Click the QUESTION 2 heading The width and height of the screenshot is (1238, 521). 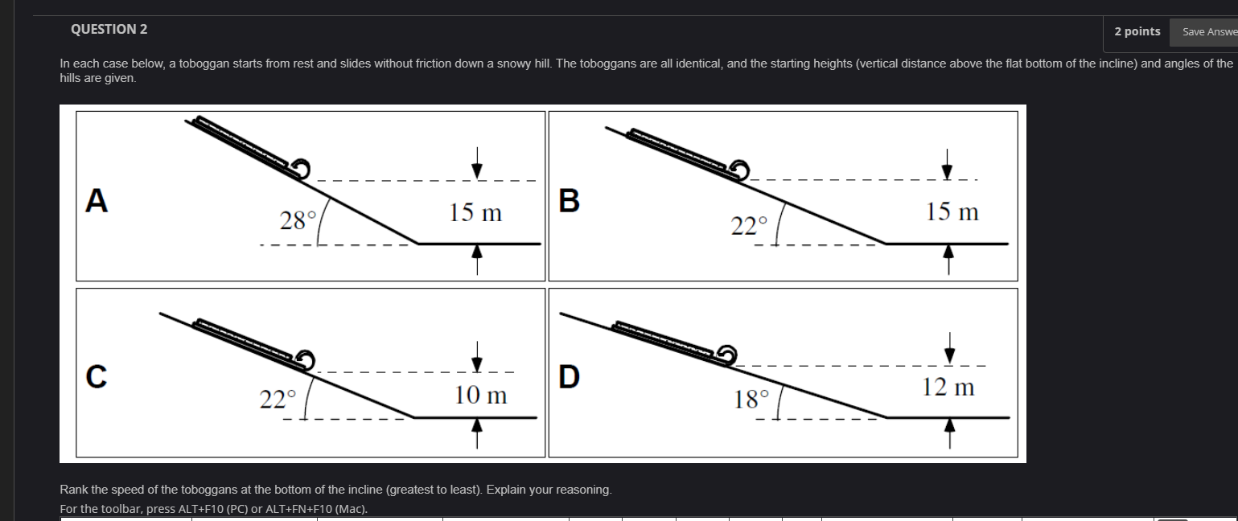click(x=109, y=29)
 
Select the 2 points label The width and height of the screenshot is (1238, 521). click(x=1137, y=31)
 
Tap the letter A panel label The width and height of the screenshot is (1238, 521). click(x=97, y=200)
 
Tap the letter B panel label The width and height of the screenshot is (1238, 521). click(x=570, y=200)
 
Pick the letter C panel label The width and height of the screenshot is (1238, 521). click(x=97, y=377)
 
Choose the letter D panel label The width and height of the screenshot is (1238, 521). click(x=570, y=377)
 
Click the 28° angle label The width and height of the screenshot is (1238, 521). click(x=298, y=220)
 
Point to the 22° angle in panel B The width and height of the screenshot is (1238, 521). click(x=749, y=225)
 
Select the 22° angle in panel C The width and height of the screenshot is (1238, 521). click(x=278, y=399)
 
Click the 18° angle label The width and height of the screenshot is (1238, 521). click(x=751, y=399)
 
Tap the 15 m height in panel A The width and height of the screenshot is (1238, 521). click(x=475, y=213)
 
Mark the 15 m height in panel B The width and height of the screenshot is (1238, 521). click(x=952, y=211)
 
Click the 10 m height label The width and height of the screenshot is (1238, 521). click(x=480, y=395)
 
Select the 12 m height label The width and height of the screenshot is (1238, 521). click(x=948, y=387)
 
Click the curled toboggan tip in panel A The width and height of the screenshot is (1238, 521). click(x=301, y=169)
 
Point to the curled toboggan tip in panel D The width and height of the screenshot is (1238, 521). click(x=727, y=355)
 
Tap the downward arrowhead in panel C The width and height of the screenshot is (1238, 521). click(x=477, y=364)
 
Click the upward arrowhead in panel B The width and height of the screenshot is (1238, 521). click(x=948, y=252)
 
